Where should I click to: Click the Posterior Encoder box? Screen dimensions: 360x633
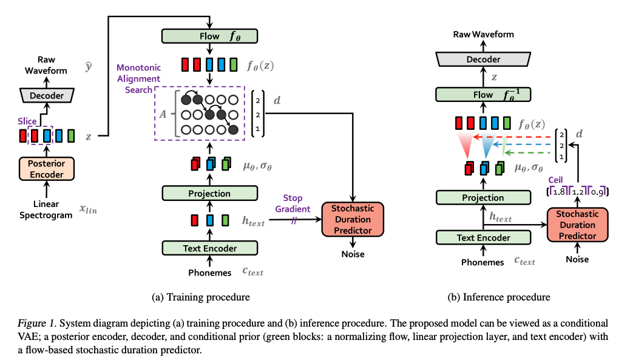pos(47,169)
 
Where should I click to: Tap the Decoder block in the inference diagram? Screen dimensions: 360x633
pos(483,59)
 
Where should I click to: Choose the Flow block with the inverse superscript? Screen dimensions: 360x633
pos(483,95)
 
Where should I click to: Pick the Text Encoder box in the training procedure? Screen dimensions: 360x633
pos(209,248)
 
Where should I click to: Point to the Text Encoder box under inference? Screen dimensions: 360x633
pos(483,238)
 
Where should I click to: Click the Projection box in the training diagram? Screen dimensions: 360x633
pos(209,194)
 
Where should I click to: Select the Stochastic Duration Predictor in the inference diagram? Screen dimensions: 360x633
pos(577,225)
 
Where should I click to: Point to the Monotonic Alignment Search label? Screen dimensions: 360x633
pos(138,79)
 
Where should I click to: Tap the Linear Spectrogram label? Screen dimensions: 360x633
pos(47,209)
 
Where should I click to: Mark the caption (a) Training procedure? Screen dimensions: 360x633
pos(200,297)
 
